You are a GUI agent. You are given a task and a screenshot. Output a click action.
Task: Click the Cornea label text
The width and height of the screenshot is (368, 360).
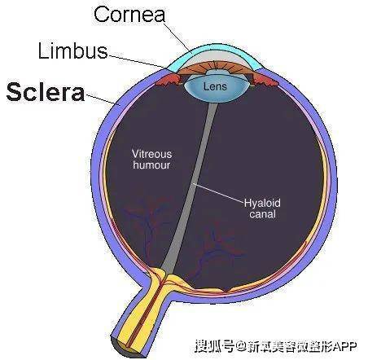point(129,14)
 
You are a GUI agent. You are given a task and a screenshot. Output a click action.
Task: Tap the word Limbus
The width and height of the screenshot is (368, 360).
point(72,50)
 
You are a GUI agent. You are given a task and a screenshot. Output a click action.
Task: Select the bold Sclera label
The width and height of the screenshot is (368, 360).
point(46,92)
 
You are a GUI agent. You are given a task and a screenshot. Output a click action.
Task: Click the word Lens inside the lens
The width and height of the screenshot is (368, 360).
point(215,86)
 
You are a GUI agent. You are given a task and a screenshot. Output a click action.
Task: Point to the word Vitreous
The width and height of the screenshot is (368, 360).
point(151,154)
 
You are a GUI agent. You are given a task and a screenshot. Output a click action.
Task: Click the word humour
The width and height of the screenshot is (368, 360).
point(151,165)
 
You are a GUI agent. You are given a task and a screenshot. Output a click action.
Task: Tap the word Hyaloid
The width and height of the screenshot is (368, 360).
point(262,203)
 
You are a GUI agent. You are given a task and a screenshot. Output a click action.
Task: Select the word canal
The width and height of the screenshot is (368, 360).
point(263,214)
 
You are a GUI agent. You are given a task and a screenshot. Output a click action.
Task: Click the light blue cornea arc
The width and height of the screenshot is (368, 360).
point(214,48)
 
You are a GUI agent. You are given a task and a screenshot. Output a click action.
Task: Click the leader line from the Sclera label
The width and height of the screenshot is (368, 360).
point(103,99)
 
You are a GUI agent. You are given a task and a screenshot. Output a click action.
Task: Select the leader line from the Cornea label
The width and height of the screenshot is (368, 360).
point(177,36)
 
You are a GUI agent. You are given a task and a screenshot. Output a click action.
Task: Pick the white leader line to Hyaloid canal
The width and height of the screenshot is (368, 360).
point(218,193)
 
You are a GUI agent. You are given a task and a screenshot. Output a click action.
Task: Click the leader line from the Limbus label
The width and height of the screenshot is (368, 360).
point(137,61)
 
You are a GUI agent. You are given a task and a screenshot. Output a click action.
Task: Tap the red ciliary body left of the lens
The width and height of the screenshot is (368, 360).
point(169,80)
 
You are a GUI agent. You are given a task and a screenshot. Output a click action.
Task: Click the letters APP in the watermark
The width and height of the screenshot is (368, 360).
point(344,346)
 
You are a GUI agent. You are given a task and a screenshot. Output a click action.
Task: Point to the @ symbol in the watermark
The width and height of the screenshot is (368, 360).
point(240,346)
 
